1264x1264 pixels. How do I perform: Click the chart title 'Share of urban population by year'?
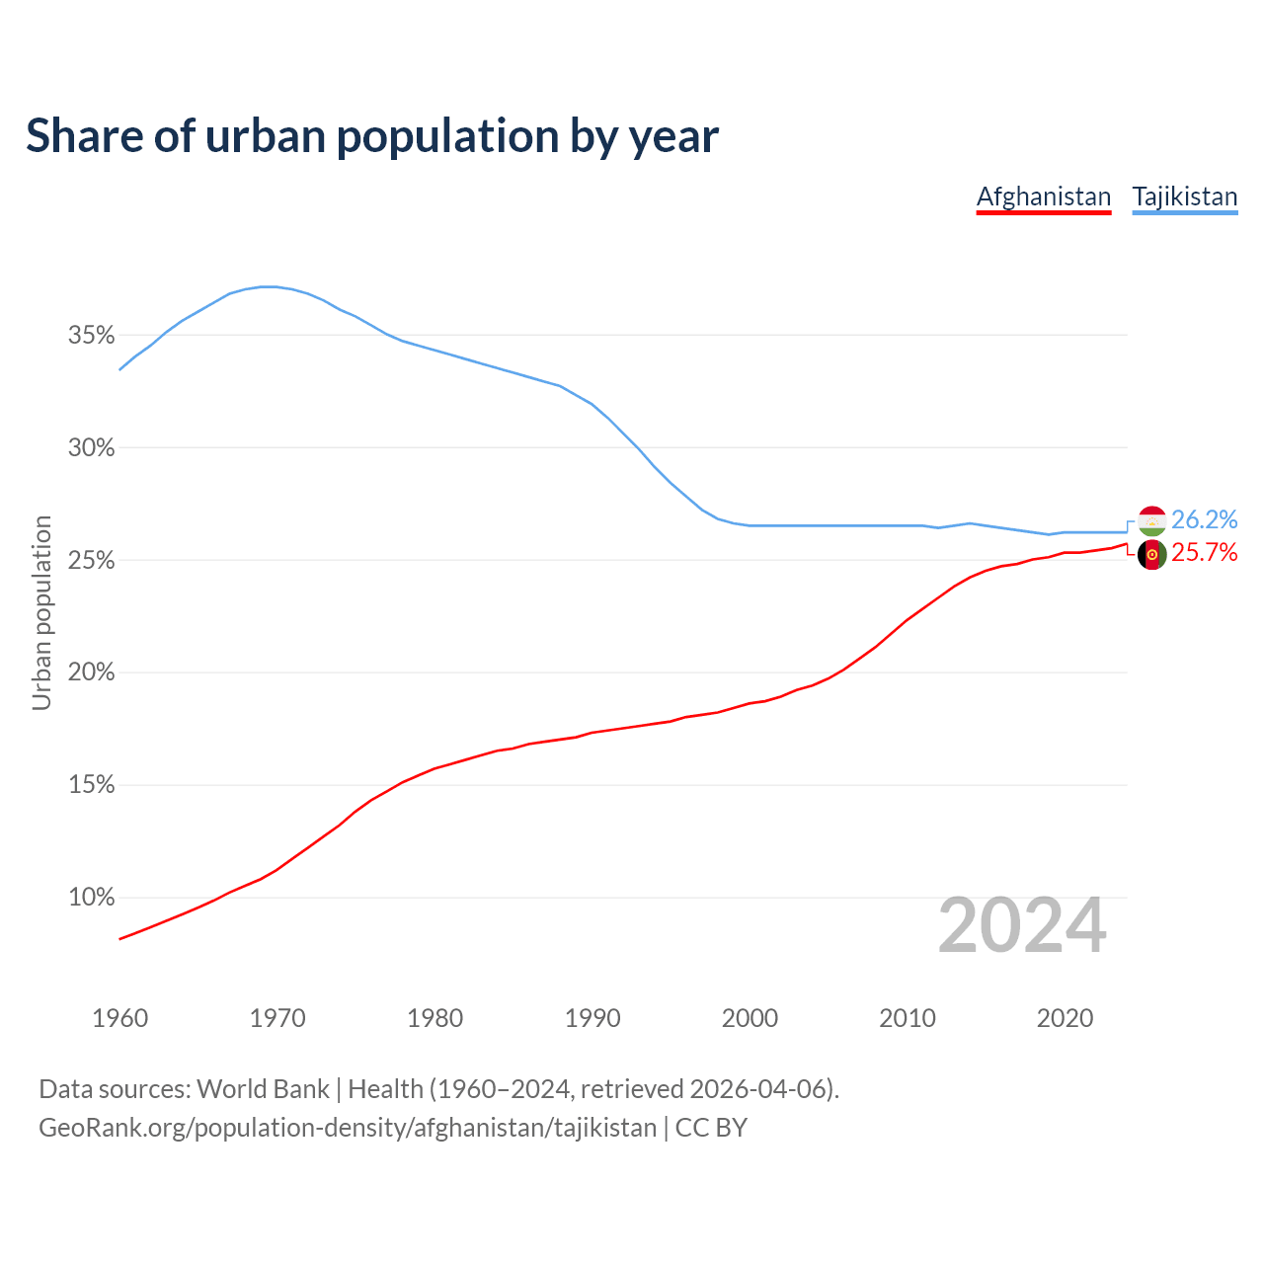372,136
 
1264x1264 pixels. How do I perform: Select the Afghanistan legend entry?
1044,197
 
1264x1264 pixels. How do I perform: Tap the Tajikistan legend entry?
1184,197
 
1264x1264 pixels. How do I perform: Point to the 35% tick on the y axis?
92,336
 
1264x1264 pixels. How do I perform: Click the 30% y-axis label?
92,448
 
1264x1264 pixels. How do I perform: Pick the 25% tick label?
92,561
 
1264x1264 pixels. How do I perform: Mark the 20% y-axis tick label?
92,672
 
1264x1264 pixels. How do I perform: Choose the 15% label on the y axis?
92,785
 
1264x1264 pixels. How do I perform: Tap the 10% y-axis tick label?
92,898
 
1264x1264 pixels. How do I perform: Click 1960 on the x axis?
120,1018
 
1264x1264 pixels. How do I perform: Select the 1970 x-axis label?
277,1018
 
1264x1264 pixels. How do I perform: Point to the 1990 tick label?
592,1018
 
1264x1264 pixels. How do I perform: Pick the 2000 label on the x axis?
750,1018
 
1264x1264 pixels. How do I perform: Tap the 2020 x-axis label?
1065,1018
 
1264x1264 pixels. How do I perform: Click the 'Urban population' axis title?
41,612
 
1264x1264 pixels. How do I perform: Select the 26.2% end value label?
1204,520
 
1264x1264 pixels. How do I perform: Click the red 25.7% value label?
1204,553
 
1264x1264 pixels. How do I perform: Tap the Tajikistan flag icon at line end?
1152,520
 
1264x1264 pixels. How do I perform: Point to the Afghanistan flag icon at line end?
1152,555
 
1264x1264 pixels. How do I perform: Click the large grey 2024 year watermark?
1022,926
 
